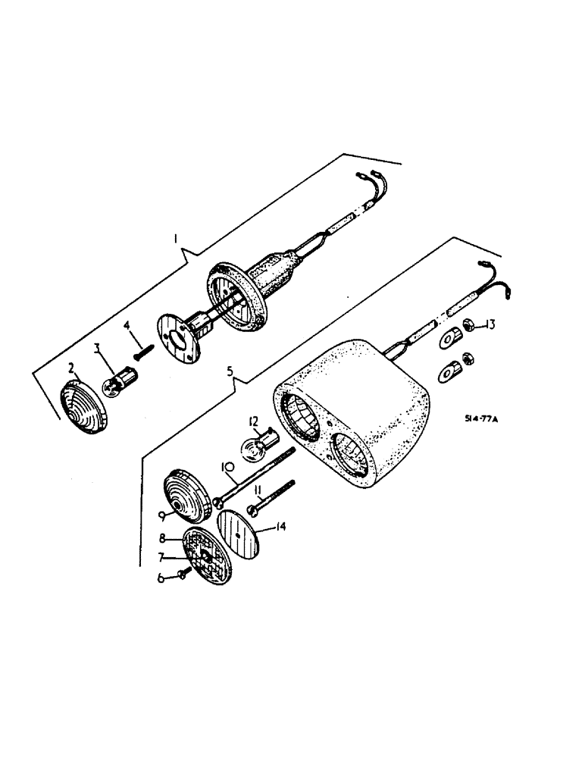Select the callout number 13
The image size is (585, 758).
[x=490, y=325]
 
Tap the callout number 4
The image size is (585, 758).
[x=127, y=326]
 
